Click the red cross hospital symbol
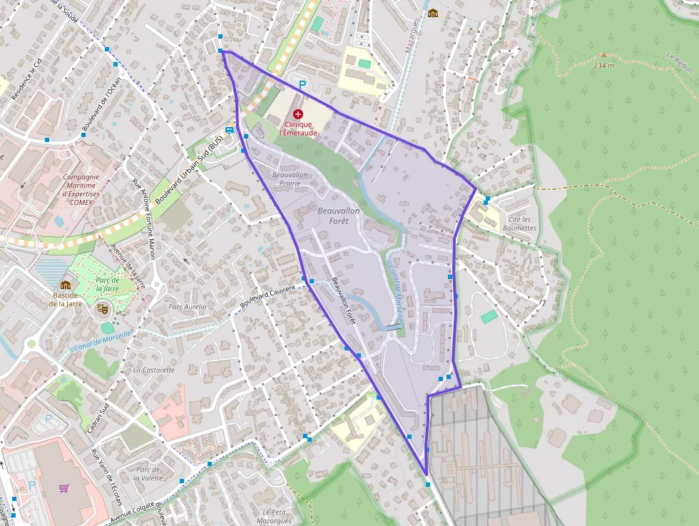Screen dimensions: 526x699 click(x=298, y=113)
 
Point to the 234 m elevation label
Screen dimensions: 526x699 click(x=603, y=65)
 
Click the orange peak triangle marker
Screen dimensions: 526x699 click(x=604, y=54)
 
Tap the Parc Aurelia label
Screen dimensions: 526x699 click(x=187, y=307)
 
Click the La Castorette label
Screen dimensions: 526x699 click(x=153, y=370)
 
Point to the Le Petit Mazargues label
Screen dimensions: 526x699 click(x=277, y=516)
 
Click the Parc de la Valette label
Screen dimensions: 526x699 click(x=147, y=473)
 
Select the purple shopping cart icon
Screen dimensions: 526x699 click(x=63, y=488)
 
